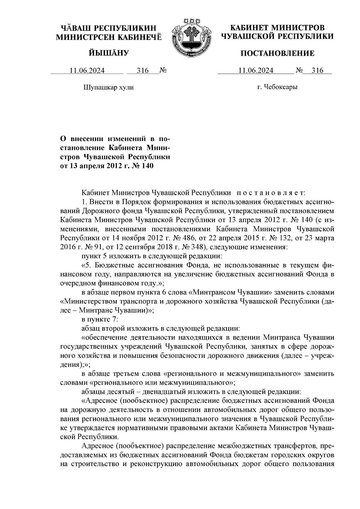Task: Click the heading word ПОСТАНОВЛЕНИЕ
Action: (x=278, y=53)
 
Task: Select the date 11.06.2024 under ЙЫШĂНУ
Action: (x=87, y=71)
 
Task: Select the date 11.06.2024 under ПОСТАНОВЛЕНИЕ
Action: (x=256, y=71)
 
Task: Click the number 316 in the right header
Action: (x=317, y=71)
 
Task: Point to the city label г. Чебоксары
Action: (x=277, y=87)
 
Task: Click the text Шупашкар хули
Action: (x=108, y=87)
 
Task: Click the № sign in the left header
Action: (x=163, y=71)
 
